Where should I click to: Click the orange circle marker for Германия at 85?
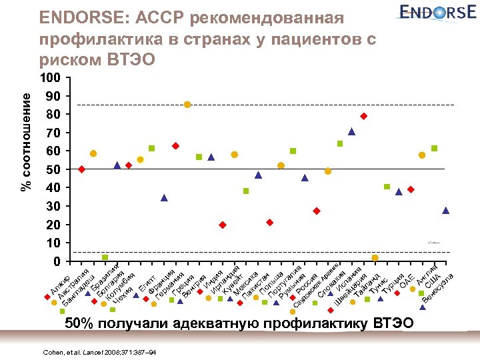coord(187,104)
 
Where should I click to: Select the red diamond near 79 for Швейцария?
coord(364,116)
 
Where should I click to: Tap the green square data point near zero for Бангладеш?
coord(105,257)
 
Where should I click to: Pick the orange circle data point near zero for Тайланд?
coord(375,257)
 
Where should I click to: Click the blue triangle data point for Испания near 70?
coord(351,131)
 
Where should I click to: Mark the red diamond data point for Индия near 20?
coord(223,225)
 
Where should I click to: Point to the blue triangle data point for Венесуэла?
coord(445,211)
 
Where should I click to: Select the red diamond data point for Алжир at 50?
coord(81,169)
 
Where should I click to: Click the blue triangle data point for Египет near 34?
coord(164,198)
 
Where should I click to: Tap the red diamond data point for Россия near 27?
coord(317,211)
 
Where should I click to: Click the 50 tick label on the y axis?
coord(54,169)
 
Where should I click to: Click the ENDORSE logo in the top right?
coord(434,13)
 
